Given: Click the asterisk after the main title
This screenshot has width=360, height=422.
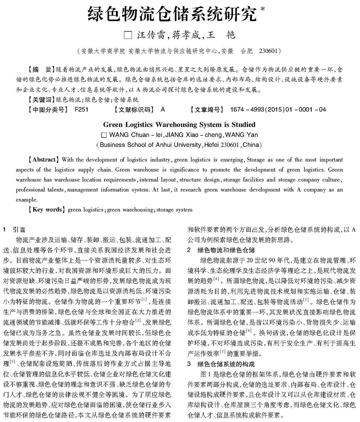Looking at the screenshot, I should [262, 9].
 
